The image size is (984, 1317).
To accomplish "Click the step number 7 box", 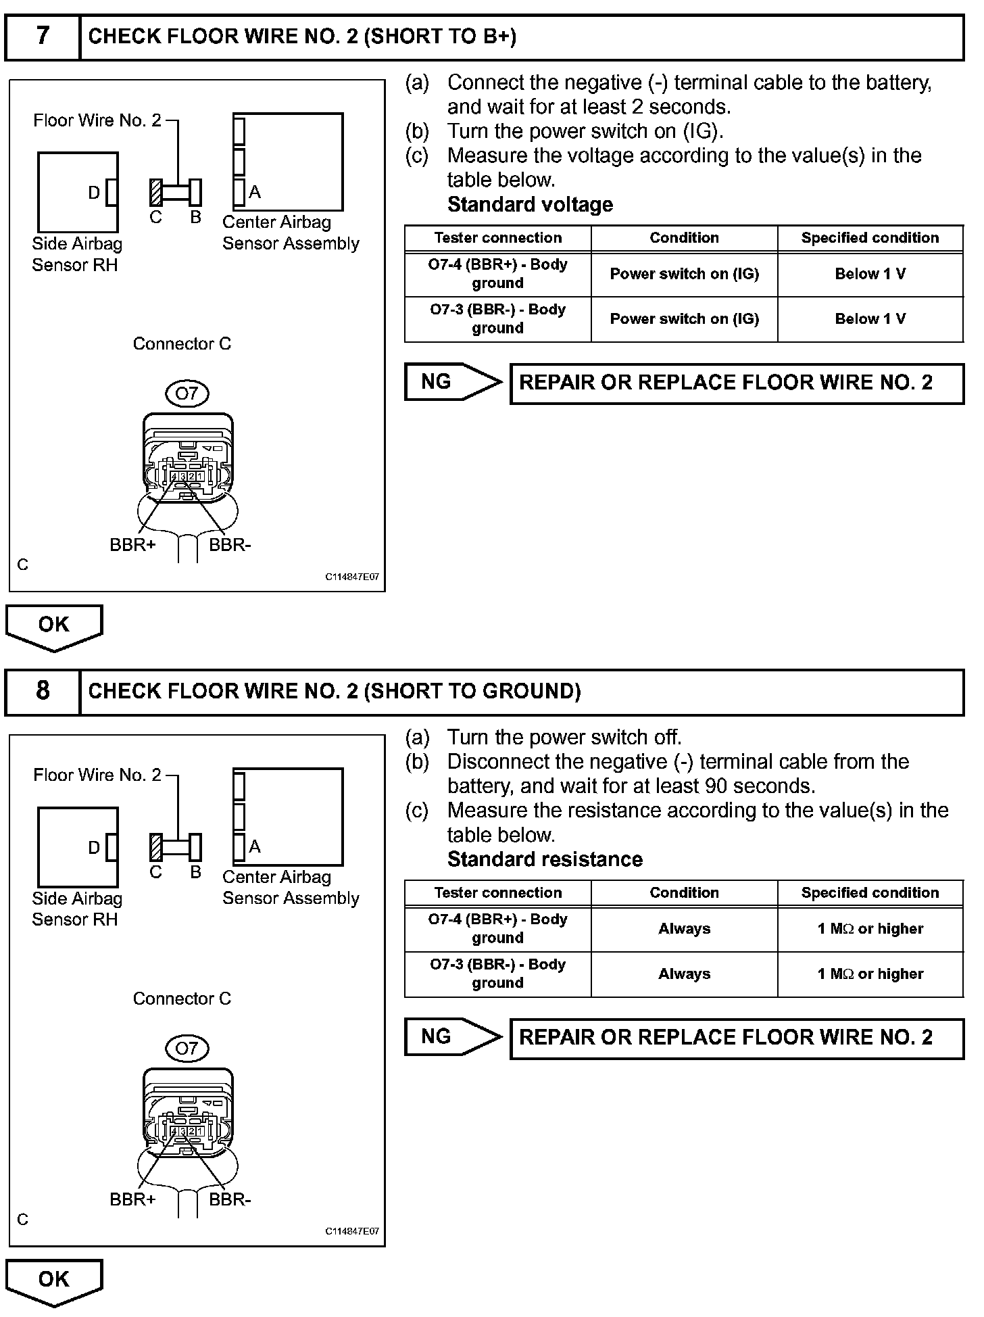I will pyautogui.click(x=43, y=37).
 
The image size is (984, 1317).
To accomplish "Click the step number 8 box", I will pyautogui.click(x=43, y=692).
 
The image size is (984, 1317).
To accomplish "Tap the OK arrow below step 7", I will pyautogui.click(x=54, y=625).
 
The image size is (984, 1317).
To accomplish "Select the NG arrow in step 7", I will pyautogui.click(x=452, y=382).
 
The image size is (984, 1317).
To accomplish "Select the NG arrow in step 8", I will pyautogui.click(x=452, y=1036).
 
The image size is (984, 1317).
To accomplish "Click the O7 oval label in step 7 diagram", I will pyautogui.click(x=187, y=393).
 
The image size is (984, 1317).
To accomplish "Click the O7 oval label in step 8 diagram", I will pyautogui.click(x=187, y=1049).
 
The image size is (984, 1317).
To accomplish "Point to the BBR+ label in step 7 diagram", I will pyautogui.click(x=132, y=545).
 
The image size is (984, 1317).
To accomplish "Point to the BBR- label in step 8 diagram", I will pyautogui.click(x=230, y=1199).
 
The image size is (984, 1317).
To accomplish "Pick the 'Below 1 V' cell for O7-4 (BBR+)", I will pyautogui.click(x=870, y=274).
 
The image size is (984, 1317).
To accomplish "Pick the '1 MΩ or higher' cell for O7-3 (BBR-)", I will pyautogui.click(x=870, y=974).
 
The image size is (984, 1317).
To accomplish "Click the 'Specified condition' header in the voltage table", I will pyautogui.click(x=870, y=238).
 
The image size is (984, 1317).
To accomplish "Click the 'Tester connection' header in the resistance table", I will pyautogui.click(x=497, y=892).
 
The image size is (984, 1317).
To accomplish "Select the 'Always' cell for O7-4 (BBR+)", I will pyautogui.click(x=684, y=929).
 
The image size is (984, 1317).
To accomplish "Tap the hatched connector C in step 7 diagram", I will pyautogui.click(x=156, y=193).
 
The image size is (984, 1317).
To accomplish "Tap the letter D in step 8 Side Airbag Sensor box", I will pyautogui.click(x=94, y=848).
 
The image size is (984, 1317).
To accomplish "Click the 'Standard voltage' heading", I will pyautogui.click(x=530, y=205).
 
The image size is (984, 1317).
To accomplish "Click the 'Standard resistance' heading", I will pyautogui.click(x=545, y=859).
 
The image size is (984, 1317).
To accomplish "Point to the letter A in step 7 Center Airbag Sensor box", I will pyautogui.click(x=255, y=192).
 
